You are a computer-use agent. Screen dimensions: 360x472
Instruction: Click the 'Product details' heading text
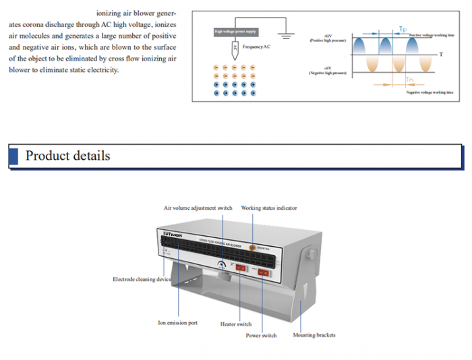(67, 156)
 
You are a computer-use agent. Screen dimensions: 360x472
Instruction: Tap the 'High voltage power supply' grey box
(235, 32)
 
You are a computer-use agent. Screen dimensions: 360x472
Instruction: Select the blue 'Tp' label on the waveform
(403, 29)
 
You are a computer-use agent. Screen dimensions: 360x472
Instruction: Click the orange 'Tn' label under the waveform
(409, 80)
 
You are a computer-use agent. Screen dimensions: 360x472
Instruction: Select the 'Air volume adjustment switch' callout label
(198, 208)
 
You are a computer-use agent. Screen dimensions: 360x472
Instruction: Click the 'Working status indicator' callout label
(269, 208)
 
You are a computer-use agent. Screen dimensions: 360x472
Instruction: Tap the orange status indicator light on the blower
(253, 248)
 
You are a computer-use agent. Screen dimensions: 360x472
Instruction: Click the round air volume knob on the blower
(223, 267)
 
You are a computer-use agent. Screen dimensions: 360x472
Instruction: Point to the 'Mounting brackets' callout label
(314, 335)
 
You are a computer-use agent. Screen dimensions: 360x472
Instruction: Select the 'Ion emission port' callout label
(178, 323)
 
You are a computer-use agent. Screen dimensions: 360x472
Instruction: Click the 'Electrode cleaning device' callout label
(142, 279)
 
